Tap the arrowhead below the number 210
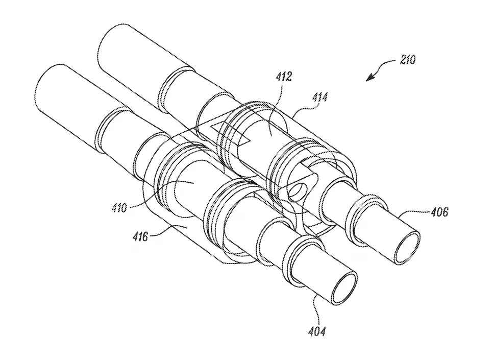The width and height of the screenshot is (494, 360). pyautogui.click(x=370, y=78)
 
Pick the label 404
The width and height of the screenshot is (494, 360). pyautogui.click(x=317, y=332)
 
